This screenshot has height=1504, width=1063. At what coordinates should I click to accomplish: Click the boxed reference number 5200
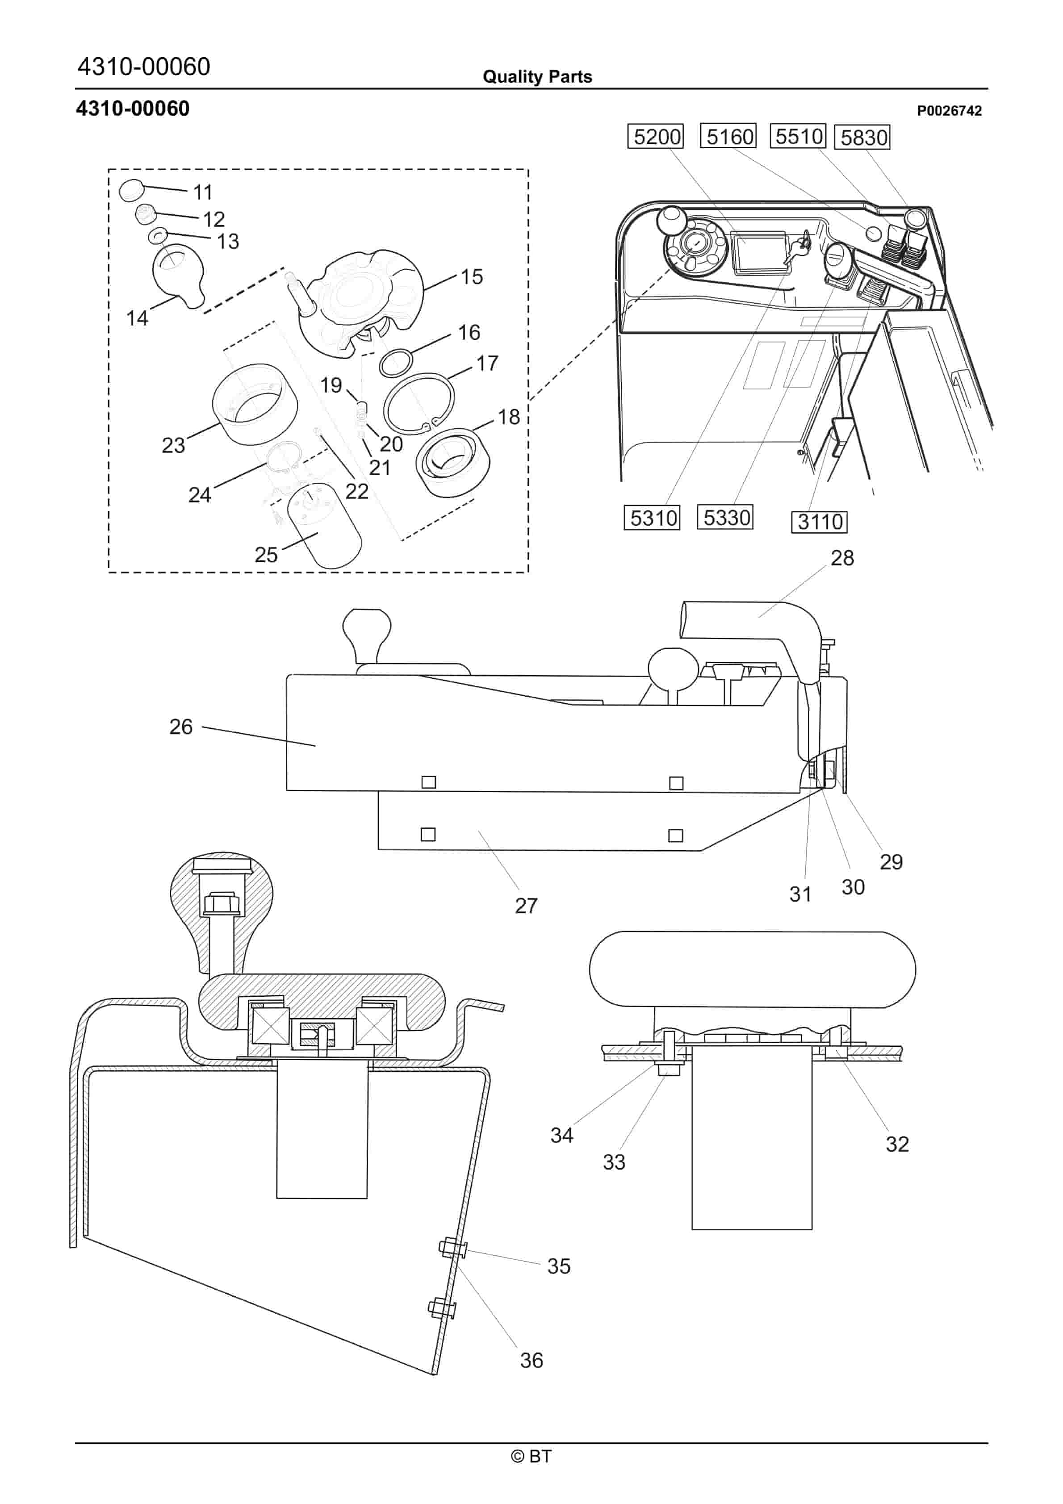point(657,137)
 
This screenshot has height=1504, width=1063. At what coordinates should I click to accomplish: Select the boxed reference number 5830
point(863,138)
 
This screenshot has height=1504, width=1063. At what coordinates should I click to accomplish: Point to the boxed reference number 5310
point(653,518)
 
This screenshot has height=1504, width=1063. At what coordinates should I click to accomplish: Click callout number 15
point(471,276)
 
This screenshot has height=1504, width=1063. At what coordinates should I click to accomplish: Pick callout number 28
point(842,558)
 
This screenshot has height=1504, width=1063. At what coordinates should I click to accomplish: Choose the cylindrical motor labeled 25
point(324,524)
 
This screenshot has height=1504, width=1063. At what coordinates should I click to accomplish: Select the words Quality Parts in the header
point(537,77)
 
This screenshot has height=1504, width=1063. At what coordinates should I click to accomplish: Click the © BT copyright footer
point(531,1456)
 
